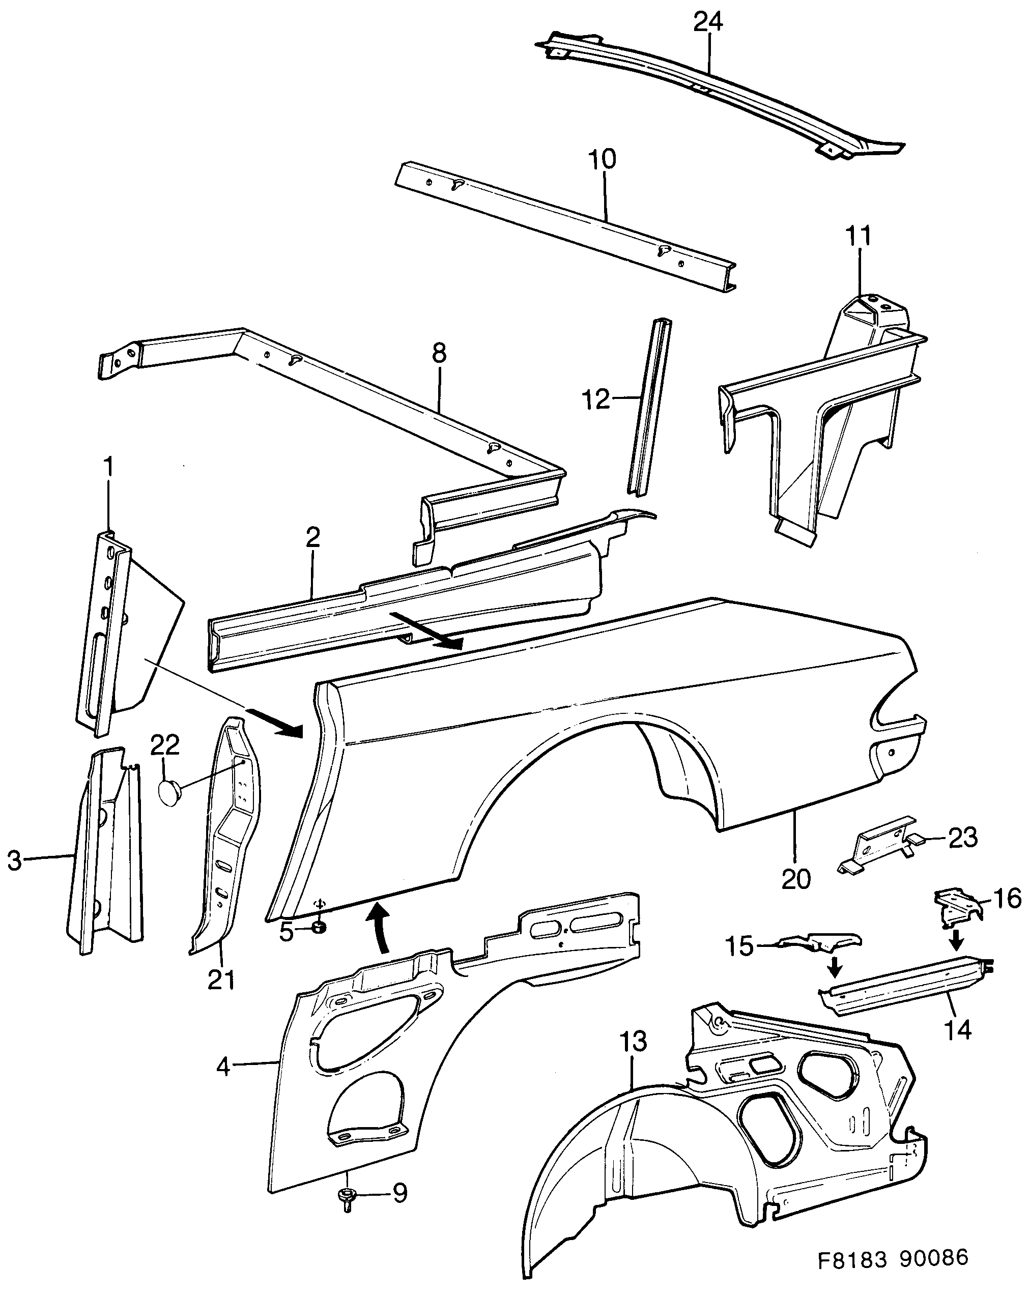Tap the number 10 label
click(602, 160)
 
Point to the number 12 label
click(596, 399)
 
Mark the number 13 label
click(633, 1042)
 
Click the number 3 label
click(14, 861)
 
